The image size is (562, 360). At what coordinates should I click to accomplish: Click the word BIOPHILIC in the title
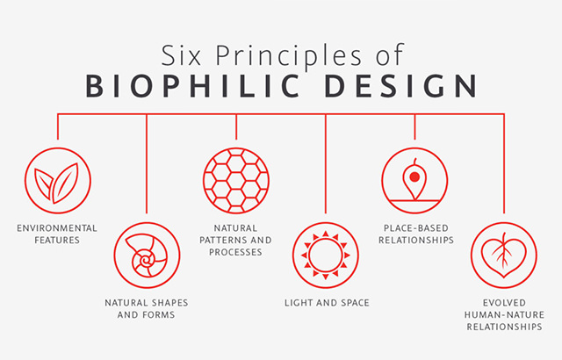[192, 86]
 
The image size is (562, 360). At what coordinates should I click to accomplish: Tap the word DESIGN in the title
[400, 86]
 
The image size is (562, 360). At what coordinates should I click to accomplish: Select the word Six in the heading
[181, 55]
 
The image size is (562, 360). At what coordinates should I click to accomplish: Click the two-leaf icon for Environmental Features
[58, 181]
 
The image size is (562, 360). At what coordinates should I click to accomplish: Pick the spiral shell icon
[147, 255]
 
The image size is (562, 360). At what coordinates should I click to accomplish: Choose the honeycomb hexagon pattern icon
[236, 181]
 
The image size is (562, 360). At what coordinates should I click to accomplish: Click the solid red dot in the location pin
[414, 177]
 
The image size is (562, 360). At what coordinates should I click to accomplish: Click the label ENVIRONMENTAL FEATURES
[57, 234]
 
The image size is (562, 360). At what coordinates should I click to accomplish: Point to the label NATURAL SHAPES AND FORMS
[147, 308]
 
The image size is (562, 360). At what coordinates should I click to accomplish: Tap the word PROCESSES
[235, 252]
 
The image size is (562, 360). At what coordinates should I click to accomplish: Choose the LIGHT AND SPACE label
[327, 303]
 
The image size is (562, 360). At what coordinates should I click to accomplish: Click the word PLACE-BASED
[416, 228]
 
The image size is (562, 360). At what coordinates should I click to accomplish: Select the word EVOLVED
[504, 303]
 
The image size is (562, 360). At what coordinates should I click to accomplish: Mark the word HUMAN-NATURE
[504, 315]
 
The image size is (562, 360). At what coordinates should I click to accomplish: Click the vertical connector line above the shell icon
[147, 163]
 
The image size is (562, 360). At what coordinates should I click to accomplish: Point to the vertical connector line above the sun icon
[326, 163]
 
